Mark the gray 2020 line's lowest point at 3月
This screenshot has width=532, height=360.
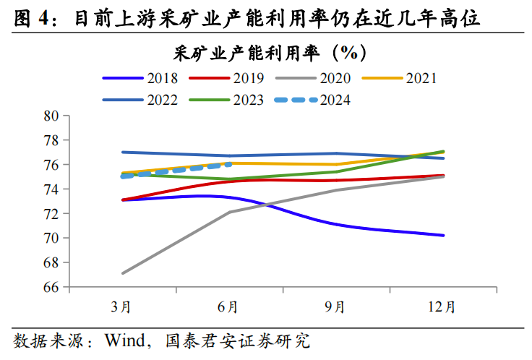(122, 273)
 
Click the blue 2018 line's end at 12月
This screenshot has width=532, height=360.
(444, 235)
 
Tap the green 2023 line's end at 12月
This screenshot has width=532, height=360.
(444, 151)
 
